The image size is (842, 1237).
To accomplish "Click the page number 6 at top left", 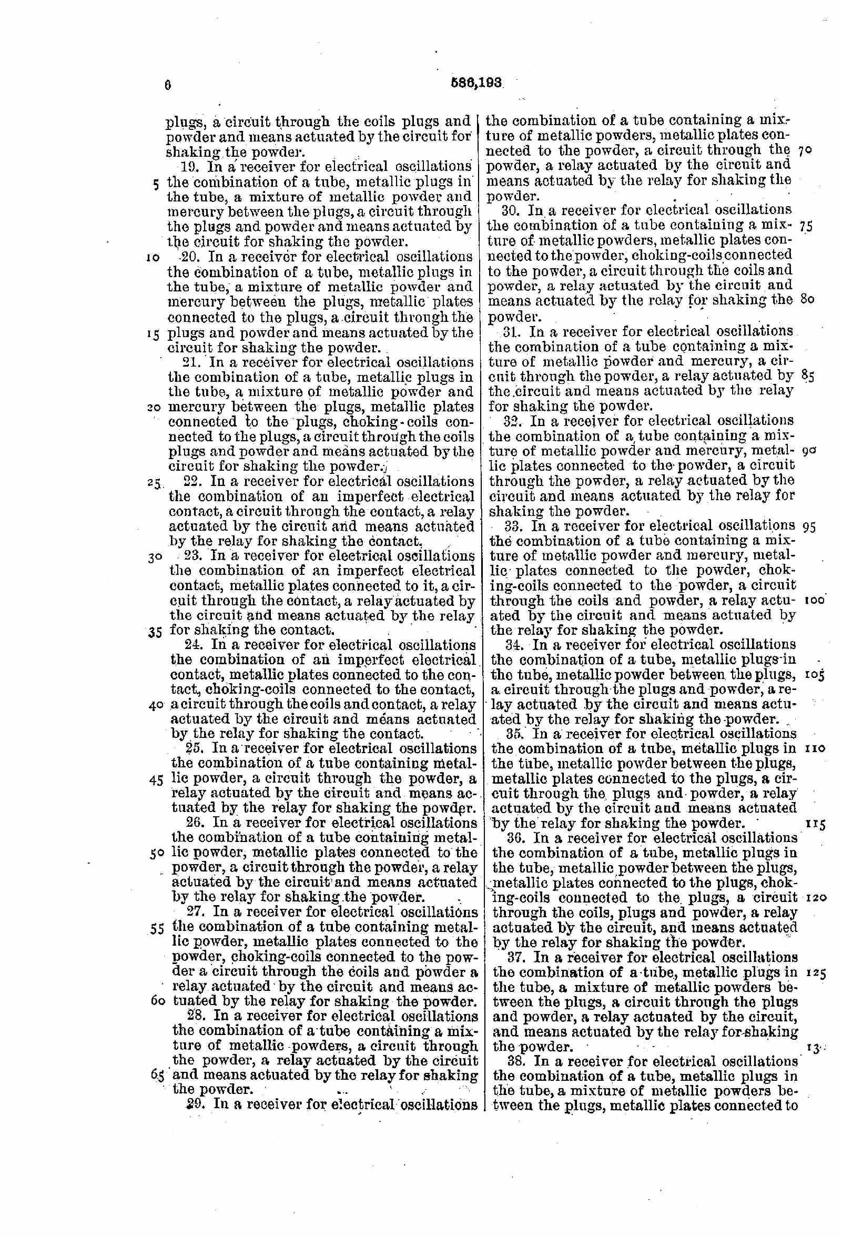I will pos(168,85).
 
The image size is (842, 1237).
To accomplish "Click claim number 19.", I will pos(190,165).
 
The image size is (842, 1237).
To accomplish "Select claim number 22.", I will pos(191,482).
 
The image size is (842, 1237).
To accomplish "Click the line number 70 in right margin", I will pos(804,151).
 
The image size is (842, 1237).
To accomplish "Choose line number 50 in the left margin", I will pos(157,853).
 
